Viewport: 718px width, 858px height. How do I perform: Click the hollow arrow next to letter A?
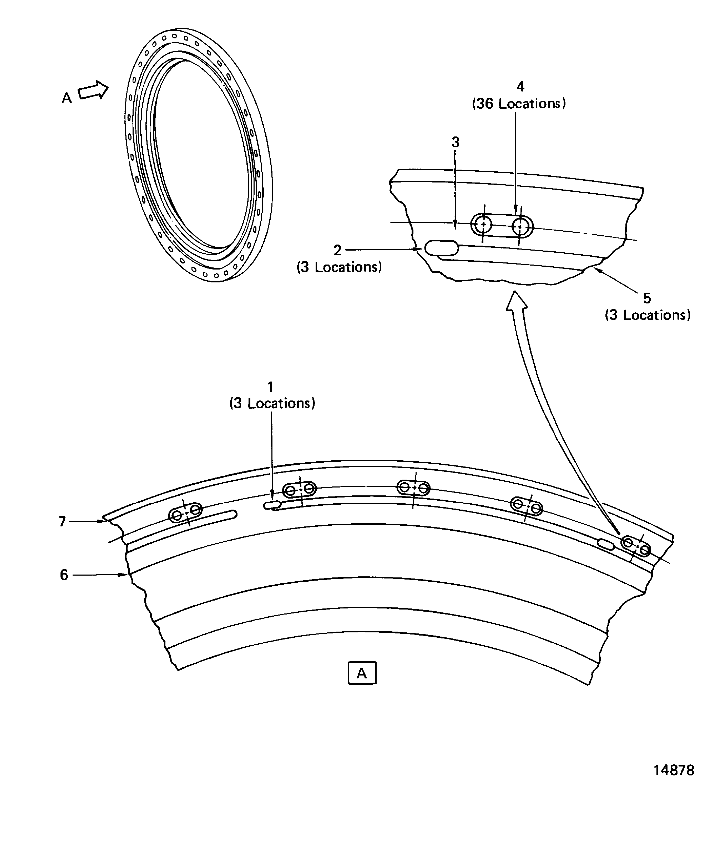[x=93, y=91]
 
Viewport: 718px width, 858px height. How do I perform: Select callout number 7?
[x=62, y=521]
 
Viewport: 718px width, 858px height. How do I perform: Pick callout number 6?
[x=64, y=575]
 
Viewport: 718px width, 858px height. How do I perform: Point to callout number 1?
[x=270, y=387]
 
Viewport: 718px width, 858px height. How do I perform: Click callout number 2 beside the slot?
[x=337, y=250]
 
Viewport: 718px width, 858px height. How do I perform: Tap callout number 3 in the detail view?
[x=455, y=142]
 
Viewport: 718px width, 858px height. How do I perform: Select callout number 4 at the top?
[x=520, y=87]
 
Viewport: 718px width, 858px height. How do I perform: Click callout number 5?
[x=646, y=298]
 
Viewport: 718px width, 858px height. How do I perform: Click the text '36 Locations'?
[x=519, y=104]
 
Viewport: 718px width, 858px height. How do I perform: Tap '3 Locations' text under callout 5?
[x=648, y=315]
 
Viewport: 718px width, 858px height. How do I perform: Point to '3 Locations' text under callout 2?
[x=339, y=267]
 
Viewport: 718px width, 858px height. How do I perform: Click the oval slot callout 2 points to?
[x=441, y=248]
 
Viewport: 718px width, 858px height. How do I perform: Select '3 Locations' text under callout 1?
[x=272, y=403]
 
